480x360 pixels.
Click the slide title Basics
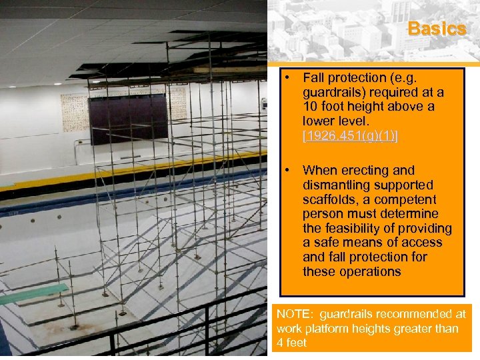point(437,29)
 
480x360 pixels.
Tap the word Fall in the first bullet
point(315,78)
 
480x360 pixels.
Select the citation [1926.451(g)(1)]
point(350,137)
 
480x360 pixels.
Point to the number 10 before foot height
point(310,107)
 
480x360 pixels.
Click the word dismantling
point(335,185)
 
